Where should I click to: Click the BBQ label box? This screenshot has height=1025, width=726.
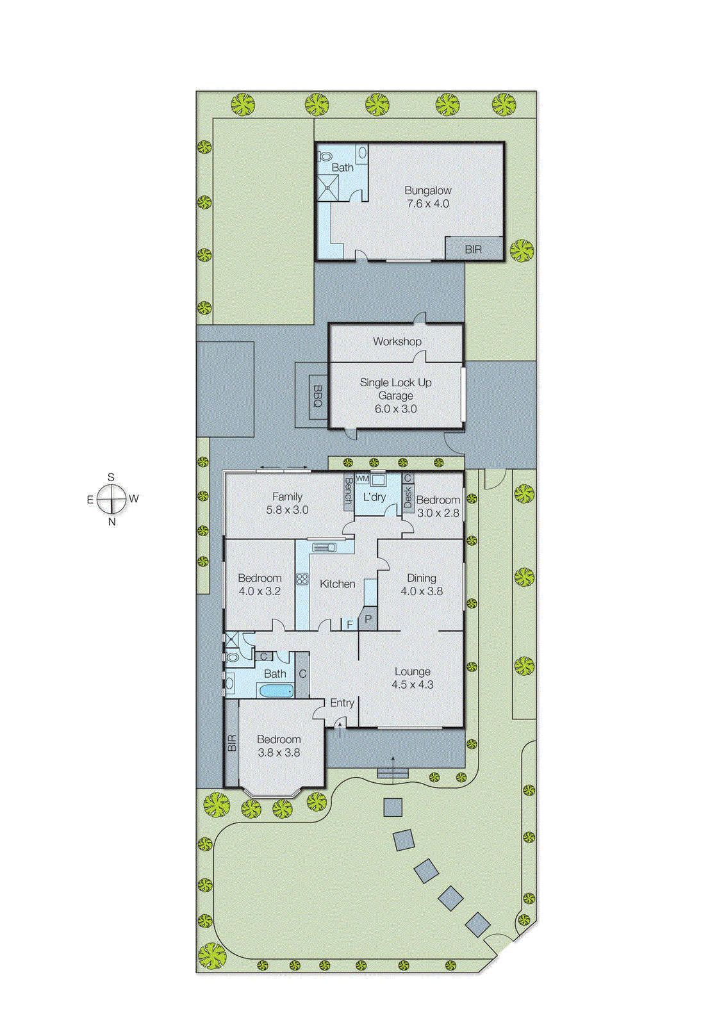pyautogui.click(x=318, y=396)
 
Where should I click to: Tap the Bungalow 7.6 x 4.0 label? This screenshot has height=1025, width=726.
pyautogui.click(x=428, y=197)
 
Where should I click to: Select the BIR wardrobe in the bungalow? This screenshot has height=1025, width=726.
pyautogui.click(x=474, y=249)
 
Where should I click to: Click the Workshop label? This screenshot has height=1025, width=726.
pyautogui.click(x=397, y=341)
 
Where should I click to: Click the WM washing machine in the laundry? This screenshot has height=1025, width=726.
pyautogui.click(x=362, y=479)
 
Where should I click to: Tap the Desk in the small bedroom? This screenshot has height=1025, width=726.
pyautogui.click(x=408, y=497)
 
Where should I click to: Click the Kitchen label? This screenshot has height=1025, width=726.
pyautogui.click(x=337, y=584)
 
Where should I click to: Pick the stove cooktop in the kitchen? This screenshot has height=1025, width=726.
pyautogui.click(x=302, y=578)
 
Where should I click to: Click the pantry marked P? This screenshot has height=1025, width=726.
pyautogui.click(x=368, y=619)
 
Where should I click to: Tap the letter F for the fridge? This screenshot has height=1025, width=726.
pyautogui.click(x=350, y=624)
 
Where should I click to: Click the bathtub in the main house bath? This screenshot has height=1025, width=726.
pyautogui.click(x=276, y=691)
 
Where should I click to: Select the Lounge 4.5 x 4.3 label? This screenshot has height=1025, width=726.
pyautogui.click(x=413, y=678)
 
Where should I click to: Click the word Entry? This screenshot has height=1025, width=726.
pyautogui.click(x=342, y=703)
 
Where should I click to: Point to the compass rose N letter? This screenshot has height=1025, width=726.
pyautogui.click(x=112, y=521)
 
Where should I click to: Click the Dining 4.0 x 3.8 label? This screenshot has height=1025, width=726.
pyautogui.click(x=422, y=584)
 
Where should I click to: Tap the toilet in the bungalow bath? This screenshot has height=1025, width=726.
pyautogui.click(x=326, y=156)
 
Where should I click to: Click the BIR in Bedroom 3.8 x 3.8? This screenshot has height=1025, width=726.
pyautogui.click(x=231, y=743)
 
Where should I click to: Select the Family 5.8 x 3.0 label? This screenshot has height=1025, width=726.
pyautogui.click(x=287, y=503)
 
